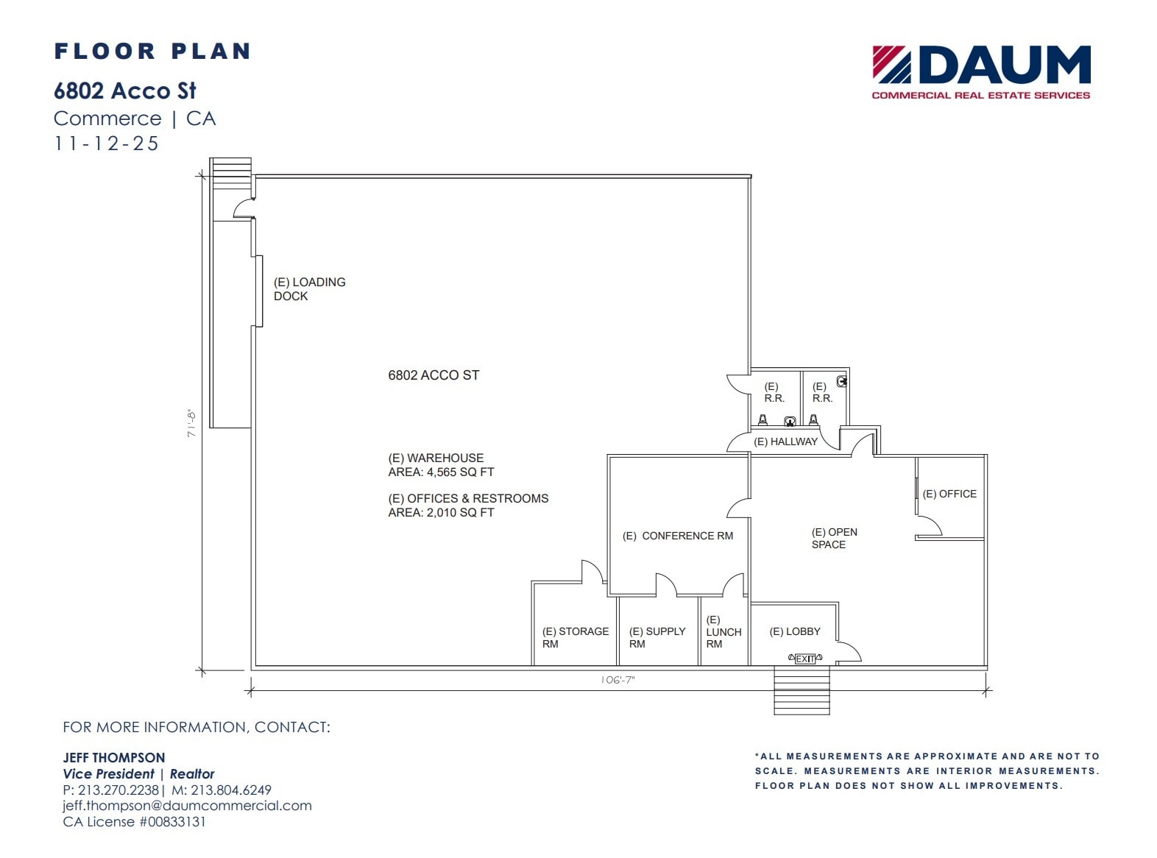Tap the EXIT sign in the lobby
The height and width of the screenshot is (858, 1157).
805,659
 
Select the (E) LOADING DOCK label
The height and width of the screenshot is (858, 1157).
309,289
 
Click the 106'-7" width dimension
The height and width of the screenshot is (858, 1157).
618,681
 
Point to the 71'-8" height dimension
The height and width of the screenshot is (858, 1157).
191,424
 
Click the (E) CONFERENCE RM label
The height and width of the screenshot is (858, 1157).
678,536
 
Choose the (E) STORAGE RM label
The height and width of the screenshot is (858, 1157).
575,637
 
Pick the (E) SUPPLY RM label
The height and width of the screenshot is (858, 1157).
657,637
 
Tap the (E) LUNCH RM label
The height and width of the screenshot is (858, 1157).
723,632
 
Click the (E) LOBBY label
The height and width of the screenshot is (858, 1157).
794,631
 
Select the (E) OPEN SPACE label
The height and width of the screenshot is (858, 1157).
834,538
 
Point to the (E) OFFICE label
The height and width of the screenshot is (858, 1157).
949,494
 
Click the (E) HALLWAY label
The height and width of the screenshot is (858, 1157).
785,442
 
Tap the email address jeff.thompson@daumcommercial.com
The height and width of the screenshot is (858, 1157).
187,806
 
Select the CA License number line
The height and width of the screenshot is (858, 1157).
134,822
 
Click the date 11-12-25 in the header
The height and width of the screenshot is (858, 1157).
107,143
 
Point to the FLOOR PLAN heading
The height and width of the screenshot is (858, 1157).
152,52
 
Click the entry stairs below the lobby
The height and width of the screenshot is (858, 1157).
802,690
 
